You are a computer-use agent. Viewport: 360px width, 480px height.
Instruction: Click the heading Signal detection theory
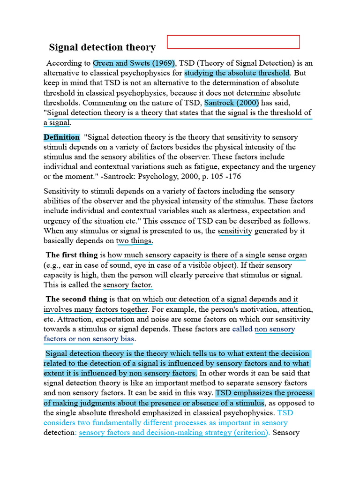(x=102, y=47)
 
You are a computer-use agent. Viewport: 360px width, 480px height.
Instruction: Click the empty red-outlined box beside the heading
(x=233, y=42)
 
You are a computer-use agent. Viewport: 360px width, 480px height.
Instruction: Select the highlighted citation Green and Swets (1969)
(x=134, y=63)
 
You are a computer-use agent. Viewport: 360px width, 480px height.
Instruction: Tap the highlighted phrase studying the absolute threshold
(x=237, y=73)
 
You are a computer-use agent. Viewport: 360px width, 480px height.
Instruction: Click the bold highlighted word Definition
(x=61, y=137)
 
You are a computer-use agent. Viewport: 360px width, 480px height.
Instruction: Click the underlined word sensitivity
(x=235, y=231)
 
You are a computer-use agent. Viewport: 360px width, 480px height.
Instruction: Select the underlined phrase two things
(x=134, y=241)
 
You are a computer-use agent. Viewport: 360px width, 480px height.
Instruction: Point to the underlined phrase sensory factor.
(x=128, y=285)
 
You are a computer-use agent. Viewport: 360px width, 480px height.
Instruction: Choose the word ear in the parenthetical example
(x=70, y=265)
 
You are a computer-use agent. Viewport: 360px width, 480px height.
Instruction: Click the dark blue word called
(x=242, y=329)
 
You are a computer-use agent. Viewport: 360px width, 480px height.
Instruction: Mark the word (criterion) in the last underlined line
(x=250, y=433)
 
